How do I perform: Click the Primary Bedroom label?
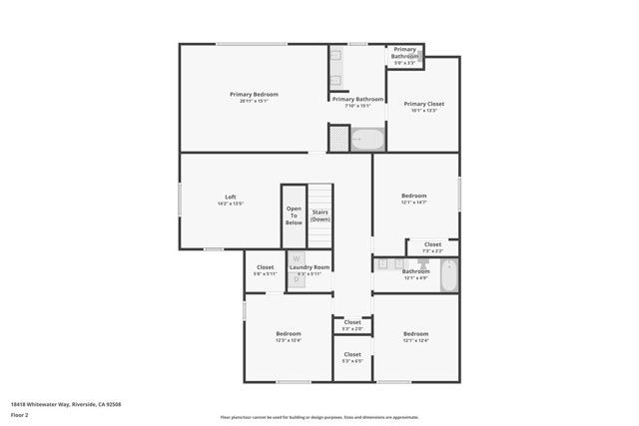coord(254,94)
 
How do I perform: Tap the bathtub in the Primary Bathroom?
coord(368,138)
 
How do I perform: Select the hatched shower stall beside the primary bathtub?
coord(339,138)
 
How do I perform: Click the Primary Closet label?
coord(423,104)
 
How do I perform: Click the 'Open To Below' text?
coord(294,215)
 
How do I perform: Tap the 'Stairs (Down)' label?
coord(320,215)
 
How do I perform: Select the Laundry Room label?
coord(310,267)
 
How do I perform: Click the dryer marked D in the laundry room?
coord(296,280)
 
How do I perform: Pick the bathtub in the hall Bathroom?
coord(448,274)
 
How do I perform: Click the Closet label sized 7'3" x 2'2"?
coord(432,244)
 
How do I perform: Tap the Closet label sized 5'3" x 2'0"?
coord(352,322)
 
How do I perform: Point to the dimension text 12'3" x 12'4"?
coord(289,340)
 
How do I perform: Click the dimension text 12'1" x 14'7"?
coord(414,203)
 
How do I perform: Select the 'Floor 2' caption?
coord(19,414)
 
